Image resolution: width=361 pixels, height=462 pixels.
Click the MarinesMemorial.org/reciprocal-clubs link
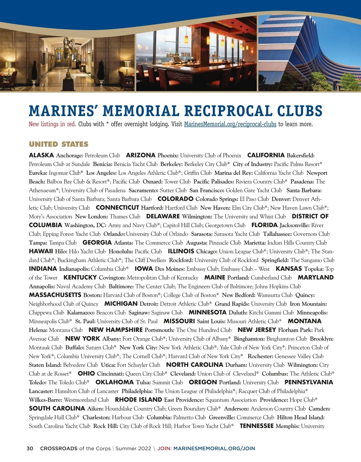(x=230, y=124)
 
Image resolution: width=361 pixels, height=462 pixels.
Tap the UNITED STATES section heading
(x=59, y=144)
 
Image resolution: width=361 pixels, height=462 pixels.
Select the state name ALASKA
(x=41, y=155)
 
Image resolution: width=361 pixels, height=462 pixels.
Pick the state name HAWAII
(x=41, y=251)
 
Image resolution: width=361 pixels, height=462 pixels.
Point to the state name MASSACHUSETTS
(x=55, y=295)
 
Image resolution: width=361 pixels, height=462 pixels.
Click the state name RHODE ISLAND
(x=138, y=400)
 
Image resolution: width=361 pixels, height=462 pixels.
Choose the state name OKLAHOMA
(x=114, y=382)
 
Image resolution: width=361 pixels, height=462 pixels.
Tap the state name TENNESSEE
(x=257, y=426)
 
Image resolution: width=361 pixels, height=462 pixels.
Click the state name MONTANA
(x=304, y=321)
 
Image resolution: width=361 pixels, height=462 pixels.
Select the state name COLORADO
(x=175, y=199)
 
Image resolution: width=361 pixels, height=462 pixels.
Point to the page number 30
(x=30, y=448)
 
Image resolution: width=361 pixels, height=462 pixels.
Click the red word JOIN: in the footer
(x=164, y=448)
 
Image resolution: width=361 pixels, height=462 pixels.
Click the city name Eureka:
(x=38, y=173)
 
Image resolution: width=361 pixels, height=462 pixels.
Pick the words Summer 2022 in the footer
(x=133, y=448)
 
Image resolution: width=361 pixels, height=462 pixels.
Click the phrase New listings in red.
(x=52, y=124)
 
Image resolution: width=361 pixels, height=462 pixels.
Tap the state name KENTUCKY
(x=80, y=278)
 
